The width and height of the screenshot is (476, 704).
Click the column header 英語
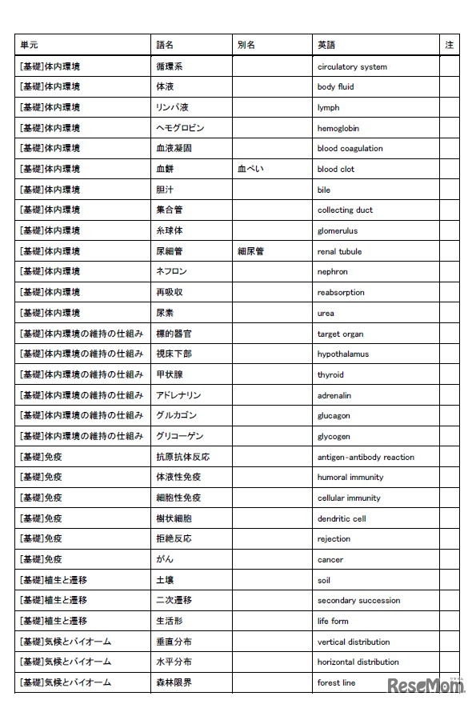tap(326, 46)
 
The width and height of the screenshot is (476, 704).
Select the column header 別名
tap(246, 46)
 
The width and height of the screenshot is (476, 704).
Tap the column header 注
tap(449, 46)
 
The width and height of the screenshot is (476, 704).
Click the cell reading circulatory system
tap(351, 67)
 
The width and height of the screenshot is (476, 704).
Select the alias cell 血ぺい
tap(250, 169)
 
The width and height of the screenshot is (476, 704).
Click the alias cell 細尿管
tap(250, 251)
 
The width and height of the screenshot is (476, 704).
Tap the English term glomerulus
tap(337, 230)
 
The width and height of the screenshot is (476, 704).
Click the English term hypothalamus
tap(342, 354)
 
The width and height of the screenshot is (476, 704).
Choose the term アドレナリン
tap(178, 395)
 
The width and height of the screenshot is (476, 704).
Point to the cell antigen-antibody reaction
tap(366, 457)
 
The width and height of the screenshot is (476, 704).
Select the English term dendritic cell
tap(342, 518)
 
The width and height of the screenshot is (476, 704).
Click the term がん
tap(165, 559)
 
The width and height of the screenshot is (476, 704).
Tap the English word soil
tap(323, 580)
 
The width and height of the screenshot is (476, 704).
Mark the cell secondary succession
tap(358, 600)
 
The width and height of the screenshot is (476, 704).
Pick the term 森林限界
tap(174, 682)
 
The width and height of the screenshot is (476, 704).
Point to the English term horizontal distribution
tap(358, 662)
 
